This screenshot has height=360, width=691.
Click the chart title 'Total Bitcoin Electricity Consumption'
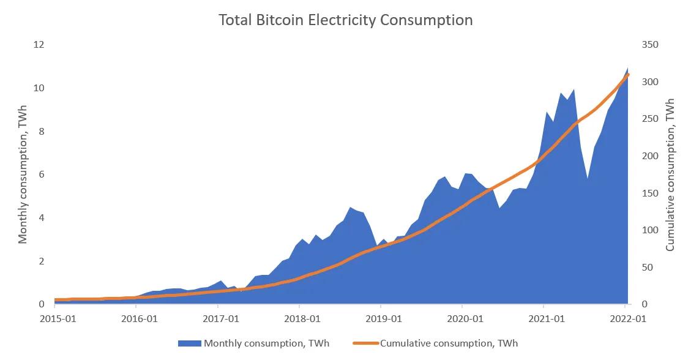(346, 20)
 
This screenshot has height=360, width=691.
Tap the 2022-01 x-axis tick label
(625, 319)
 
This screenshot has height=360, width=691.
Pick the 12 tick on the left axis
(39, 45)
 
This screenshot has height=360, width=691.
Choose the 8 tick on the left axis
(42, 132)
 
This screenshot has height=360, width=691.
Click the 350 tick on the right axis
(649, 45)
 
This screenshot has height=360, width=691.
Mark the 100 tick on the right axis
(649, 230)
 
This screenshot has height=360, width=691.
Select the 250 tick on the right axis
(649, 119)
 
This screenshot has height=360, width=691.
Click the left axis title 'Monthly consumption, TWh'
(23, 174)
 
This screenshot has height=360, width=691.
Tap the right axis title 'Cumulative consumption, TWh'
(670, 174)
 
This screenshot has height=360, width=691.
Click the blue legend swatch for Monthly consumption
(190, 343)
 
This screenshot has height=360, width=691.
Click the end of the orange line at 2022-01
(627, 74)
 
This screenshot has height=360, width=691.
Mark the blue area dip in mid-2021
(587, 179)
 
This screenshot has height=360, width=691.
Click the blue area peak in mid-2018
(350, 208)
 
